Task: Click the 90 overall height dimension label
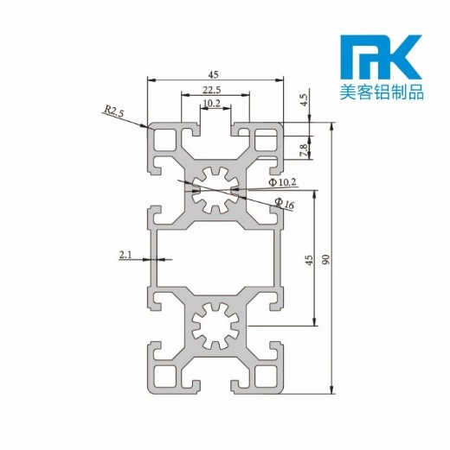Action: (325, 258)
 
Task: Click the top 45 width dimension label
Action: (214, 73)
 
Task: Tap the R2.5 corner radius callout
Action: (114, 111)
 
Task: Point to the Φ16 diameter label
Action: (284, 204)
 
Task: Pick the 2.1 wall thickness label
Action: (125, 254)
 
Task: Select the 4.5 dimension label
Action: (304, 99)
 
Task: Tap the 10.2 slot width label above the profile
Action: (210, 105)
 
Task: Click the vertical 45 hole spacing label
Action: (309, 261)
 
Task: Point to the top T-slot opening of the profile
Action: (215, 130)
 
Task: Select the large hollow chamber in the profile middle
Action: (216, 259)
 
